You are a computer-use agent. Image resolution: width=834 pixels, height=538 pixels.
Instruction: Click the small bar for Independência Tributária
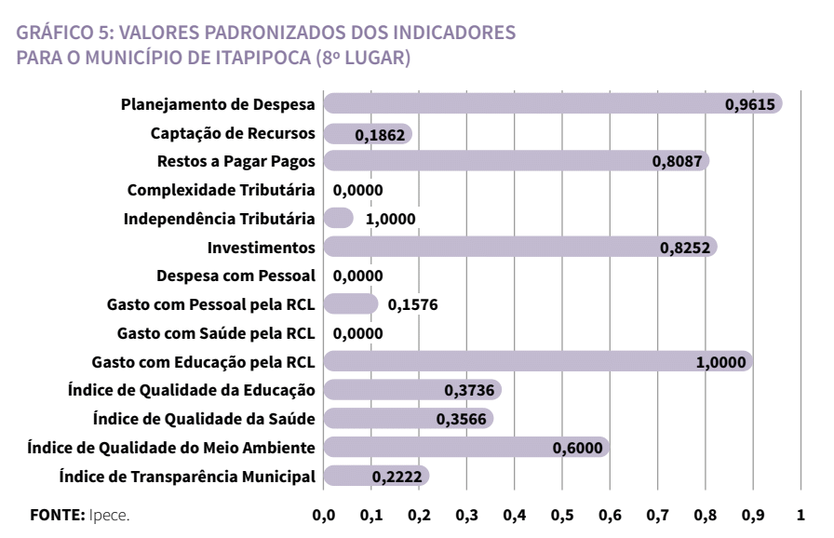(338, 219)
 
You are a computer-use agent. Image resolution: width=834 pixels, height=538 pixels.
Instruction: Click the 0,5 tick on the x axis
(562, 514)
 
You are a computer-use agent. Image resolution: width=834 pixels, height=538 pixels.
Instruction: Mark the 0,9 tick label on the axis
(753, 514)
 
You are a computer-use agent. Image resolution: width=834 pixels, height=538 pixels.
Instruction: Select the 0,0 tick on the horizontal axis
(324, 514)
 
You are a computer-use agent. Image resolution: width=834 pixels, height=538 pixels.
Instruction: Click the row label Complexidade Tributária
(222, 191)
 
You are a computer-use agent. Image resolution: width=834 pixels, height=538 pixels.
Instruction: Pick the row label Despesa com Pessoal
(236, 276)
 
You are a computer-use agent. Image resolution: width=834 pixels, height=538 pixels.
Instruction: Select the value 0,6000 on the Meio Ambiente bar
(578, 448)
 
